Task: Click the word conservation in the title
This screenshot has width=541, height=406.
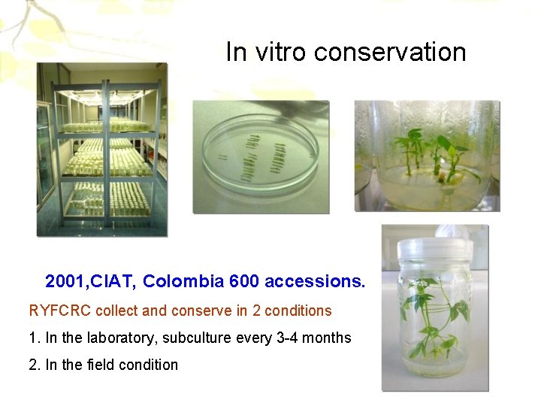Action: tap(390, 52)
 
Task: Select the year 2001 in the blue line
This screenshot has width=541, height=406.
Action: tap(66, 282)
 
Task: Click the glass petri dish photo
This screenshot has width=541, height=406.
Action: tap(260, 156)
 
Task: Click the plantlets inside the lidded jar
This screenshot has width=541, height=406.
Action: tap(432, 316)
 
